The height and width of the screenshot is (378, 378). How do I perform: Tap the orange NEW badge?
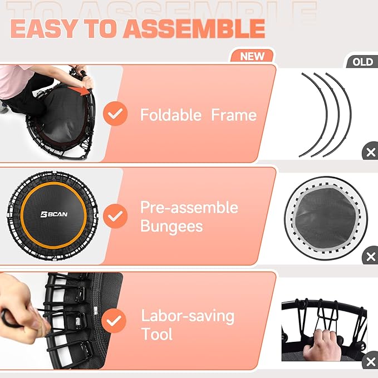(252, 56)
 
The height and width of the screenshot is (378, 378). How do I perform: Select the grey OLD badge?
(362, 61)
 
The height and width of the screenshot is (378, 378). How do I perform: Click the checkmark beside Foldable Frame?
(116, 115)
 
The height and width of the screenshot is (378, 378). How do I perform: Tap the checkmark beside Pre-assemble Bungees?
(116, 215)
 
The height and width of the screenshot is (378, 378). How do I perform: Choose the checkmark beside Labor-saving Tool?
(116, 321)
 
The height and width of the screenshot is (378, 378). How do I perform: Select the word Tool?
(156, 334)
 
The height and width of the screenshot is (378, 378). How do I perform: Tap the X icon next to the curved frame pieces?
(370, 153)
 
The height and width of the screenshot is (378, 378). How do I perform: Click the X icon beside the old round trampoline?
(370, 257)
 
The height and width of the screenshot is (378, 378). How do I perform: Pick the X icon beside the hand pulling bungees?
(370, 363)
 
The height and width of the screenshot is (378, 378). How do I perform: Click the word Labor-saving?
(187, 316)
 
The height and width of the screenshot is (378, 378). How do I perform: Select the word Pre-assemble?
(189, 208)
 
